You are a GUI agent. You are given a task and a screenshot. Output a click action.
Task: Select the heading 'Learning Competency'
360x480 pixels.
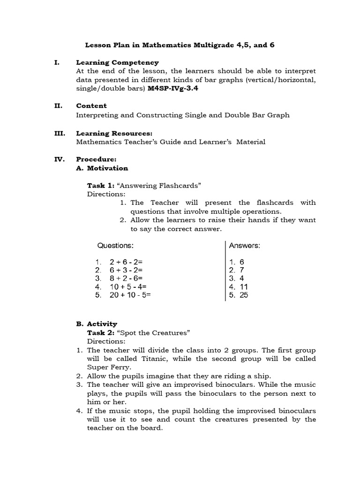[117, 62]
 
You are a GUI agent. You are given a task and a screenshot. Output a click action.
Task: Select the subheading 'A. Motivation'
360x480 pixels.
[102, 168]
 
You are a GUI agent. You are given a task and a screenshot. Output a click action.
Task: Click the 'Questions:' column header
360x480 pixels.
[115, 246]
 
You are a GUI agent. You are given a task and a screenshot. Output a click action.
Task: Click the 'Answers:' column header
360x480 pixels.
[245, 246]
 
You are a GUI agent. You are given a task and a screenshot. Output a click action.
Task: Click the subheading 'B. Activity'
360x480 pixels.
[97, 324]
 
